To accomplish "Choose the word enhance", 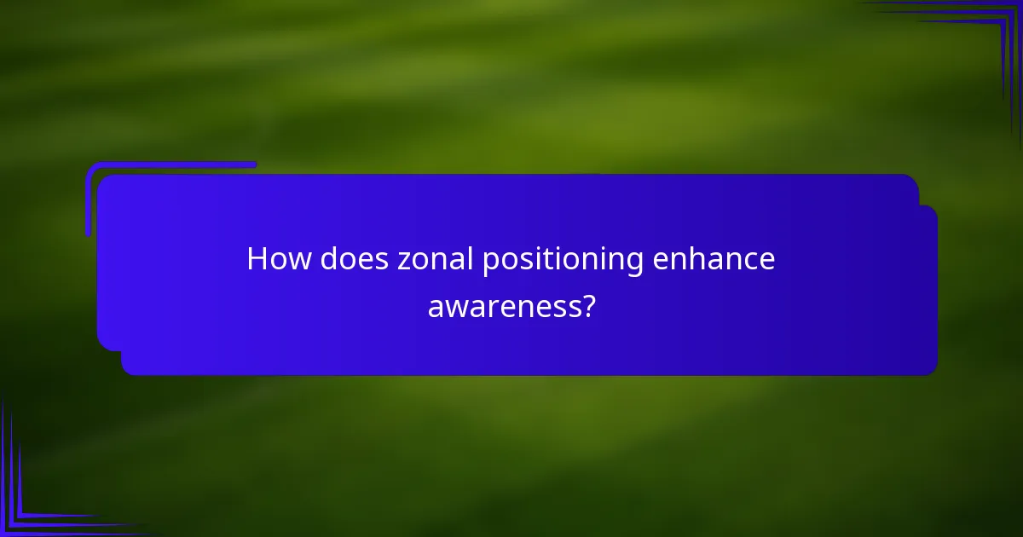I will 714,260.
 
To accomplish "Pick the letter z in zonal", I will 403,262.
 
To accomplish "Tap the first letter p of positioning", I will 489,263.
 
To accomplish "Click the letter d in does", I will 330,260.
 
